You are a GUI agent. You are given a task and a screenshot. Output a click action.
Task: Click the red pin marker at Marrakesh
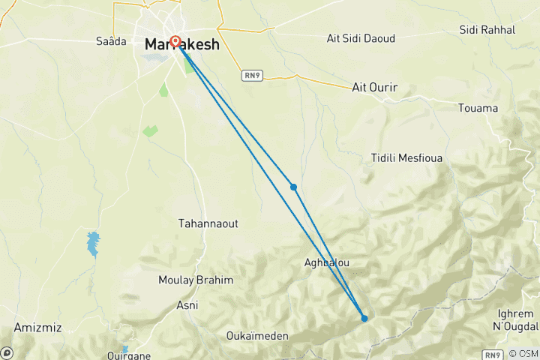pos(175,41)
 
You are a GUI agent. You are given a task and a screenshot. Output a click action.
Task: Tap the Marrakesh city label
pos(182,45)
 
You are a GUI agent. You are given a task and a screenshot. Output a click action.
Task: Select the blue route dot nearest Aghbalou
pos(364,318)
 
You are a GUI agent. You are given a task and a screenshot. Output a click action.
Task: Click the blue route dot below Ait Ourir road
pos(294,187)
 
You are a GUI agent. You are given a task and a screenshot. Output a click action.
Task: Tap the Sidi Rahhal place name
pos(487,30)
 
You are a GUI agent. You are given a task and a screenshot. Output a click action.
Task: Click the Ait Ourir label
pos(374,88)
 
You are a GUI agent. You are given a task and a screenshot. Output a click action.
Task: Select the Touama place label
pos(478,108)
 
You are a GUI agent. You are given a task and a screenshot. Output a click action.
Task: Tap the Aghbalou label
pos(327,262)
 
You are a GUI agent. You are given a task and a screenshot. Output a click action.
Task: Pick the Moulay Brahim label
pos(196,280)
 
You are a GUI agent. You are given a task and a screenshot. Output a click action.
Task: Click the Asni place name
pos(187,305)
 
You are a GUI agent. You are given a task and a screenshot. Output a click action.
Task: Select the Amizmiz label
pos(37,328)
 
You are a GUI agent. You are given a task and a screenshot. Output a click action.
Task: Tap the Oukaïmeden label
pos(257,336)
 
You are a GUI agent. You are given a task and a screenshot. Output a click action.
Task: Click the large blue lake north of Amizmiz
pos(93,244)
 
